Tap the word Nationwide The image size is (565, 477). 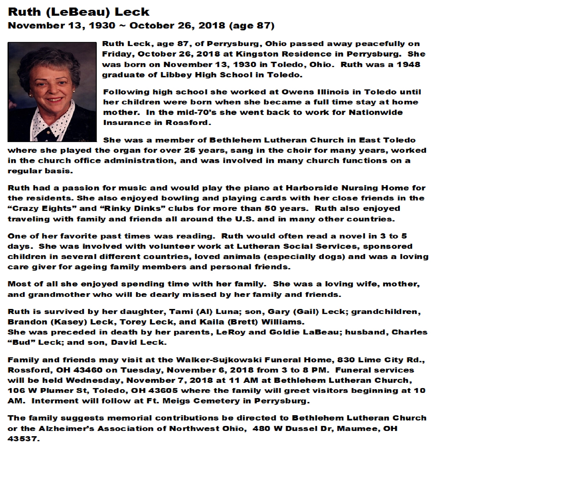[x=376, y=112]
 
